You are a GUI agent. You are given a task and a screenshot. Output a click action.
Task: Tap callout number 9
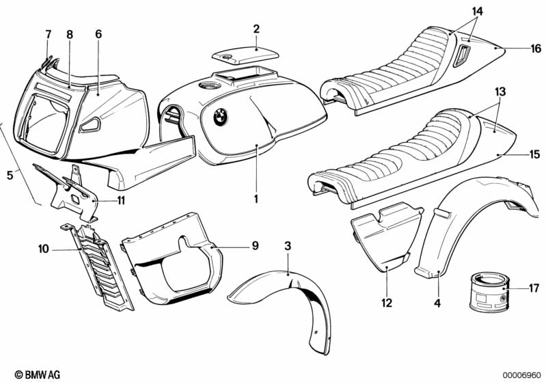coord(254,245)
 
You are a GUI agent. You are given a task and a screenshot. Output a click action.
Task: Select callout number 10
coord(42,250)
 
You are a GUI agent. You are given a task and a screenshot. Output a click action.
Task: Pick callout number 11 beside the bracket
coord(120,201)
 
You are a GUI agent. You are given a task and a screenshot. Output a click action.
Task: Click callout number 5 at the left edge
coord(10,176)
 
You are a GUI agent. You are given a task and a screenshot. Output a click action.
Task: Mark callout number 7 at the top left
coord(48,34)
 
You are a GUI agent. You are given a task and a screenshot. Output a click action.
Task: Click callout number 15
coord(534,154)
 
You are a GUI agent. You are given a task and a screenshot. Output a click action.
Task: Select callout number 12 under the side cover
coord(386,301)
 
